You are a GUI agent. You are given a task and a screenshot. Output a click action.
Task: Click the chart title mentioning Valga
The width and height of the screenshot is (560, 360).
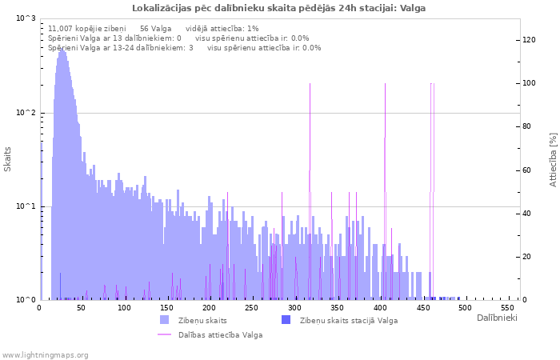(279, 8)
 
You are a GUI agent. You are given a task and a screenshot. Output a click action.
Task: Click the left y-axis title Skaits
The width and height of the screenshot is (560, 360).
(8, 159)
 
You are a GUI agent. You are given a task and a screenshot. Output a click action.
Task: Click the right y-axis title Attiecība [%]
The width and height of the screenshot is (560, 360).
(553, 159)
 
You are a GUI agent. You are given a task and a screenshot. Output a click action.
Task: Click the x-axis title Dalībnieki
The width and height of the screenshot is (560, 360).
(497, 318)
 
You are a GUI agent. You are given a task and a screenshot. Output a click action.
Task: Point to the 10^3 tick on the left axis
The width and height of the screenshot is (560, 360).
(26, 18)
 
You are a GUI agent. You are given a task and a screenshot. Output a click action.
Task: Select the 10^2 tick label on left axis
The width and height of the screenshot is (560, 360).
(26, 113)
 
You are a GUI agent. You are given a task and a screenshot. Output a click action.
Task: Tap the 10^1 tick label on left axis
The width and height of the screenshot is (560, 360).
(26, 206)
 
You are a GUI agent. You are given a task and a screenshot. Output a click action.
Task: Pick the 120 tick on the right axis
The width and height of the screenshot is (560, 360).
(529, 40)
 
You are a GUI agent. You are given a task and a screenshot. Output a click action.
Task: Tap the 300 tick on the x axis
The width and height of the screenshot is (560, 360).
(294, 308)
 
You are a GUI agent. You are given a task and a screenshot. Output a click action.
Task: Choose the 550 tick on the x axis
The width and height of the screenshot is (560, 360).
(506, 308)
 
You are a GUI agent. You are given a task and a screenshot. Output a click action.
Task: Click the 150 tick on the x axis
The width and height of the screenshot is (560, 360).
(166, 308)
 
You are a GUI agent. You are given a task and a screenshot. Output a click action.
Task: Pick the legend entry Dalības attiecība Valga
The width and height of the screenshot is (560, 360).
(220, 334)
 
